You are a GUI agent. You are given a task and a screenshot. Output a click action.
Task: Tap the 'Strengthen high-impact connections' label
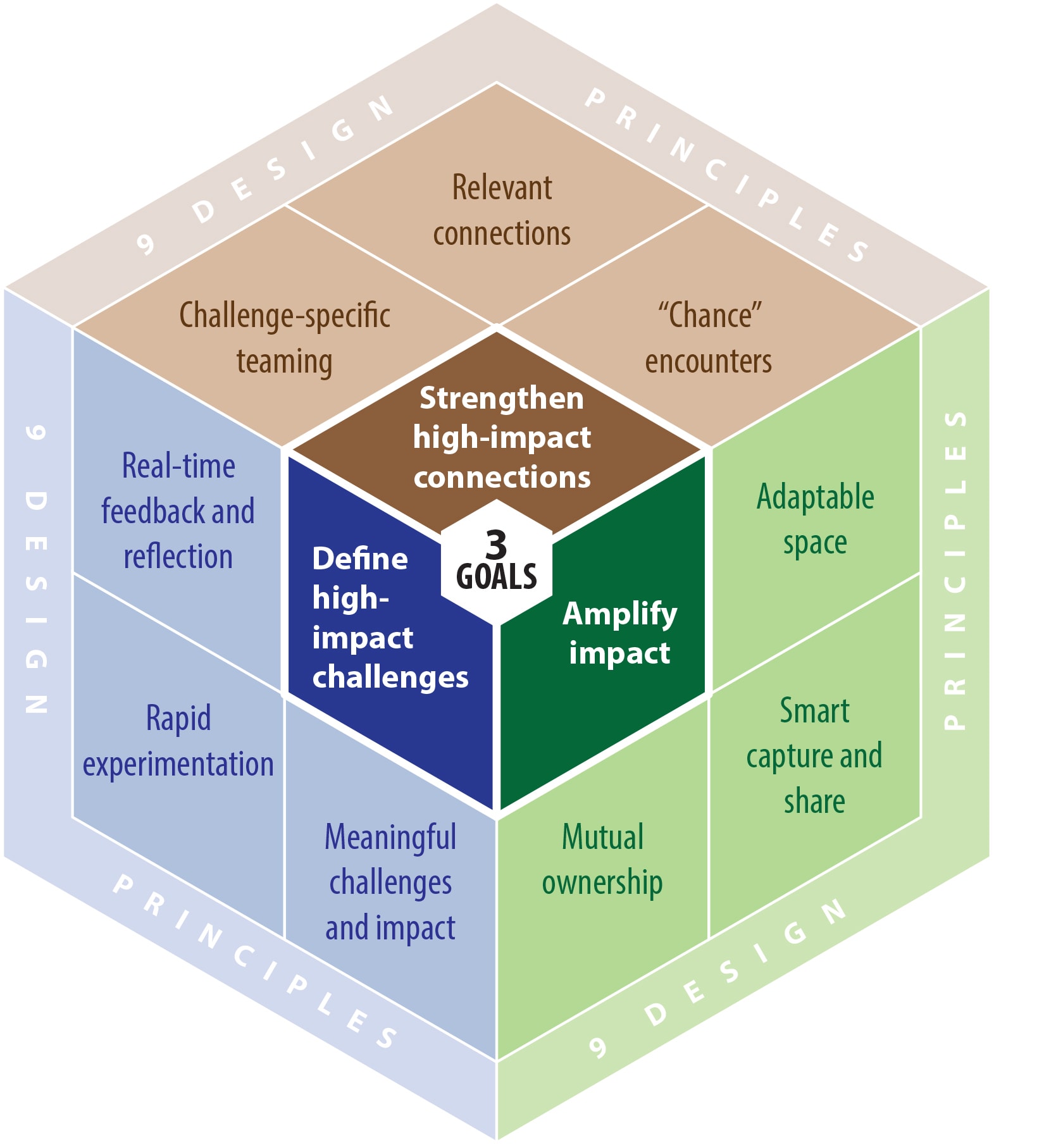coord(502,437)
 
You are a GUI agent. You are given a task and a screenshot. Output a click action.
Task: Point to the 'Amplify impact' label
coord(619,633)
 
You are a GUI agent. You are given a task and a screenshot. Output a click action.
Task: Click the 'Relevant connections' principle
coord(502,210)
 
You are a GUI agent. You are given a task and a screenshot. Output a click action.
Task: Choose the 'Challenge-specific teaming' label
coord(285,338)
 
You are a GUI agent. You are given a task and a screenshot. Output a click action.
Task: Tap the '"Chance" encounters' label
coord(709,338)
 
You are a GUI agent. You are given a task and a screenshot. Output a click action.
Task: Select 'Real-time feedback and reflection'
coord(178,511)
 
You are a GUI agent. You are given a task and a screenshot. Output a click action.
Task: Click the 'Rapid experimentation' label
coord(178,741)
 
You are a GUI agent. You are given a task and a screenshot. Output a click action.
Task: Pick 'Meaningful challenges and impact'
coord(390,882)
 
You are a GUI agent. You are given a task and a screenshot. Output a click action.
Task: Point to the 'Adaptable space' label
coord(816,519)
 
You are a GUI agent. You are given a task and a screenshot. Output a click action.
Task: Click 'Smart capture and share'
coord(814,756)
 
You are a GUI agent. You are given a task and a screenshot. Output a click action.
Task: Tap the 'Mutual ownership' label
coord(602,860)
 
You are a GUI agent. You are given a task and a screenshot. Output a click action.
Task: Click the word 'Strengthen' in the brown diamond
coord(502,399)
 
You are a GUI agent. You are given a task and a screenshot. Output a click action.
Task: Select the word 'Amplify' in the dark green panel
coord(620,614)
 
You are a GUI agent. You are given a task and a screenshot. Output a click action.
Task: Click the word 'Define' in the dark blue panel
coord(360,559)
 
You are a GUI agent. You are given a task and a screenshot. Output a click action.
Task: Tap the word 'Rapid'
coord(178,719)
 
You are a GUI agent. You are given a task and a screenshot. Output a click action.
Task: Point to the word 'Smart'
coord(814,710)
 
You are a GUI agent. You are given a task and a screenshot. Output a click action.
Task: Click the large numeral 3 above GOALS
coord(497,544)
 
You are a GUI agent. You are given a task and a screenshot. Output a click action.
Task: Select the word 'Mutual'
coord(602,837)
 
